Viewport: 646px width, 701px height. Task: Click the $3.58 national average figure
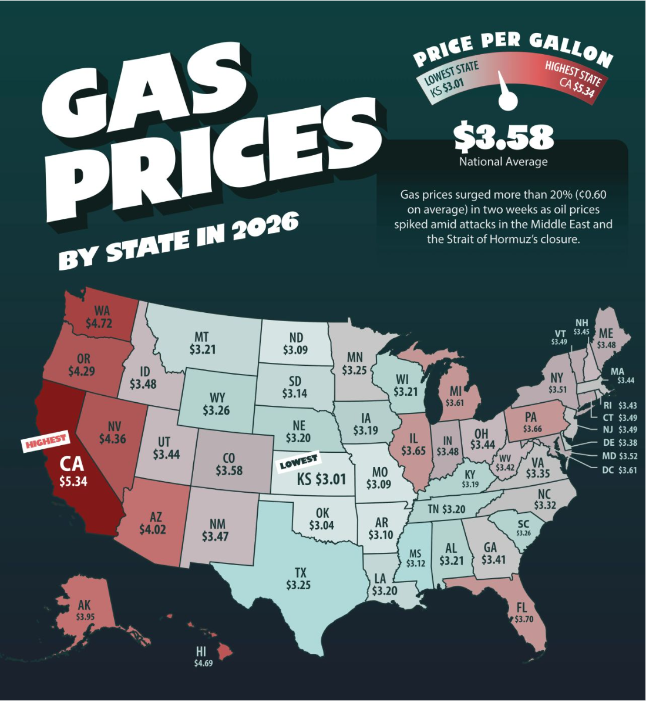(x=503, y=136)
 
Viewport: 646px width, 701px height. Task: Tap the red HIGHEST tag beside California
(x=46, y=441)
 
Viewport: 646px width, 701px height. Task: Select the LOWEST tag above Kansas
(x=298, y=462)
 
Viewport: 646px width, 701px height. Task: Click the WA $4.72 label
(x=99, y=317)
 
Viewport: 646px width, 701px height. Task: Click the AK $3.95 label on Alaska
(x=85, y=610)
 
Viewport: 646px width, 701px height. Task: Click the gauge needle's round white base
(x=507, y=101)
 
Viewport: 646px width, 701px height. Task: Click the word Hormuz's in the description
(x=518, y=239)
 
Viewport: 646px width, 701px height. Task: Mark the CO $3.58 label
(x=228, y=465)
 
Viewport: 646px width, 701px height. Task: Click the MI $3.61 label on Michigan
(x=455, y=397)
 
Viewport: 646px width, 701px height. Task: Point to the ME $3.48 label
(x=606, y=339)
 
